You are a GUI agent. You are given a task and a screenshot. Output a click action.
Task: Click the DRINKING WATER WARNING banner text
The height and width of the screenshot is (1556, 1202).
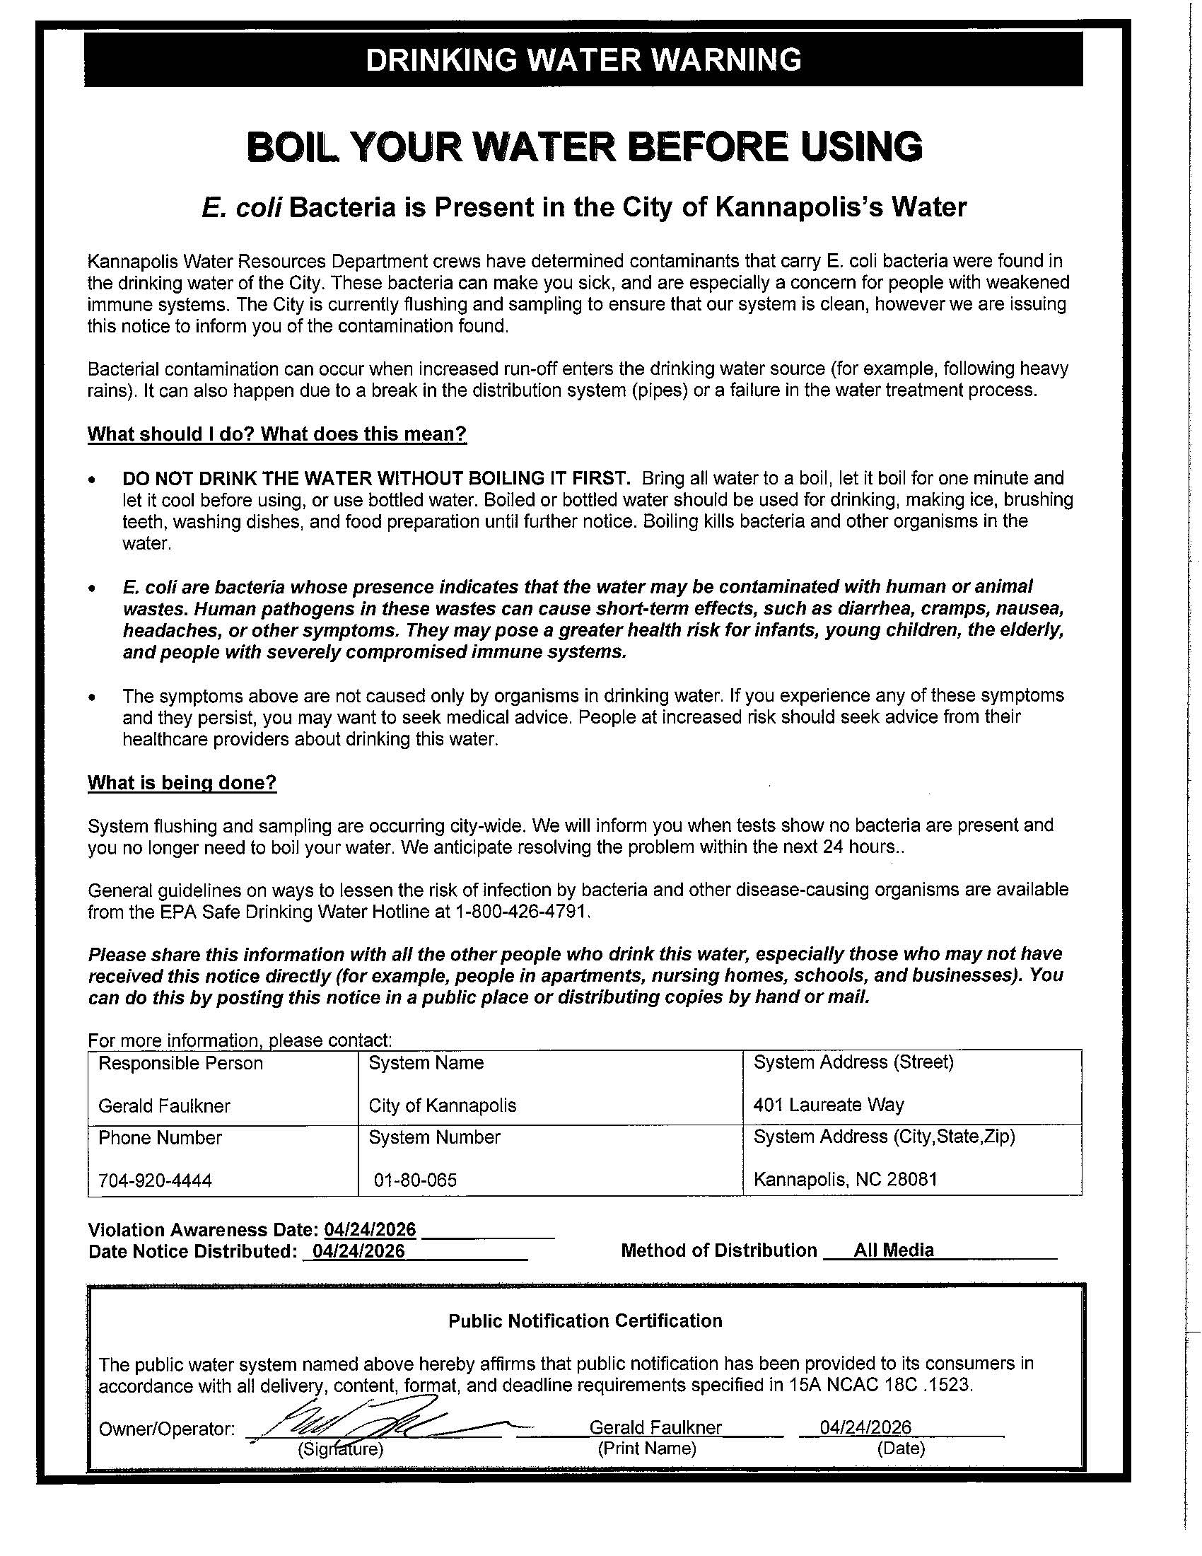(583, 60)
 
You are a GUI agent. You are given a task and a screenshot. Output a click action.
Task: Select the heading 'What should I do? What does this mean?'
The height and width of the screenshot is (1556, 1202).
(277, 434)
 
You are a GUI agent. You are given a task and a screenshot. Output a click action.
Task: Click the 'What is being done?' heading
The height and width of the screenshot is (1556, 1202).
(182, 783)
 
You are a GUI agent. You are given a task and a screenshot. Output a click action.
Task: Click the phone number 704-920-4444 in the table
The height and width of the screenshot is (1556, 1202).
(156, 1180)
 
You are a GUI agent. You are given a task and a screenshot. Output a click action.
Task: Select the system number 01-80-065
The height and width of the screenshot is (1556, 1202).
(415, 1180)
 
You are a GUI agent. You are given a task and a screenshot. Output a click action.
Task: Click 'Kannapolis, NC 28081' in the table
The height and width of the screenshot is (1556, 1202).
(844, 1179)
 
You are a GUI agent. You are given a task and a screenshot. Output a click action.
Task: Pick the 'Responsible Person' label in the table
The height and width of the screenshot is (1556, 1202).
(180, 1063)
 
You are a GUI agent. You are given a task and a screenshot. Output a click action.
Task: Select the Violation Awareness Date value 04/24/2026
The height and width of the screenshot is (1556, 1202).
(370, 1230)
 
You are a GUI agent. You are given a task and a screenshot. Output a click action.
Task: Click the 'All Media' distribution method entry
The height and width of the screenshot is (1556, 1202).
(893, 1250)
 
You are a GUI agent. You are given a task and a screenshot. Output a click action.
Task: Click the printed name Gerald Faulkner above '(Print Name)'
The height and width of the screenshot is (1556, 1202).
(655, 1427)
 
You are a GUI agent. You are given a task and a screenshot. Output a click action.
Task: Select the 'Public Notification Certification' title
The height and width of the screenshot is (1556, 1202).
(585, 1321)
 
